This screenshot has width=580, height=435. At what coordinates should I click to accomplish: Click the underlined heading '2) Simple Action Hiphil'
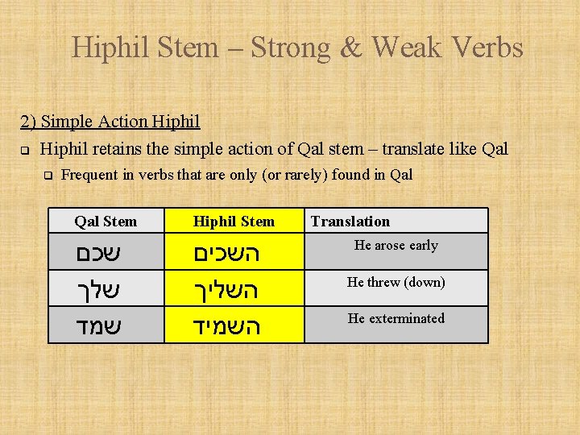click(x=110, y=122)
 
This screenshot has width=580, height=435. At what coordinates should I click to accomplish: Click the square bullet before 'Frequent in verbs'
click(x=48, y=174)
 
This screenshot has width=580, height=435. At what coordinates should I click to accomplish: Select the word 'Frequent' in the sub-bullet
click(x=91, y=174)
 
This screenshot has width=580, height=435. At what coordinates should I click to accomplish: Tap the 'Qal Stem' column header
click(x=106, y=222)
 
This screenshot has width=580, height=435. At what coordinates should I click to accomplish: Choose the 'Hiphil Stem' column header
click(x=234, y=222)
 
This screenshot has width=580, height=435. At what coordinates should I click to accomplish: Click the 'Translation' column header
click(x=350, y=222)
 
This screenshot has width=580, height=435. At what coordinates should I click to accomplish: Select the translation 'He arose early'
click(x=396, y=246)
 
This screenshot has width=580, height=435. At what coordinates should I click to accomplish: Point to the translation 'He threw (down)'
click(x=396, y=282)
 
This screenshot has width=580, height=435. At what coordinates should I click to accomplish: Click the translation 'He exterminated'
click(x=396, y=318)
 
